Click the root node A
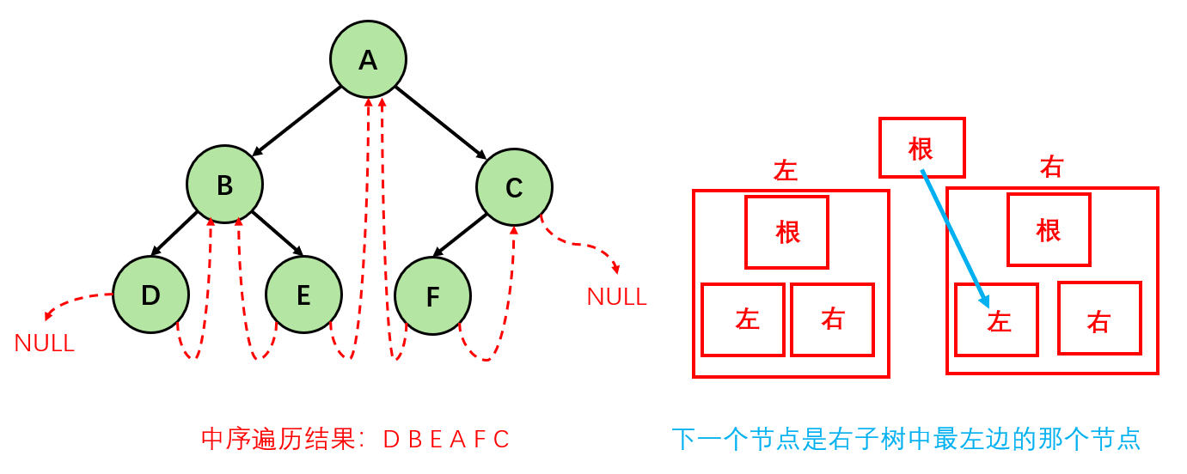tap(368, 59)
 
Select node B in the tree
tap(225, 185)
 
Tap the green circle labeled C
tap(514, 187)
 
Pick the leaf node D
tap(150, 295)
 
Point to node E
tap(303, 295)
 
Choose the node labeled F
tap(432, 297)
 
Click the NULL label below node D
tap(45, 344)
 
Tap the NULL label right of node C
tap(616, 297)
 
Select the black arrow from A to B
tap(297, 121)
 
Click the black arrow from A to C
tap(440, 122)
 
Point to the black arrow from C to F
tap(461, 234)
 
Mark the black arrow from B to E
tap(278, 234)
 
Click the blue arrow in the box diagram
tap(954, 238)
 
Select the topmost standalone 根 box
tap(921, 148)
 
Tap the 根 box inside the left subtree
tap(786, 232)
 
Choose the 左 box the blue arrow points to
tap(996, 319)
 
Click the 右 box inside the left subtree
tap(832, 319)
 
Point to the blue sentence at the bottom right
tap(906, 440)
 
